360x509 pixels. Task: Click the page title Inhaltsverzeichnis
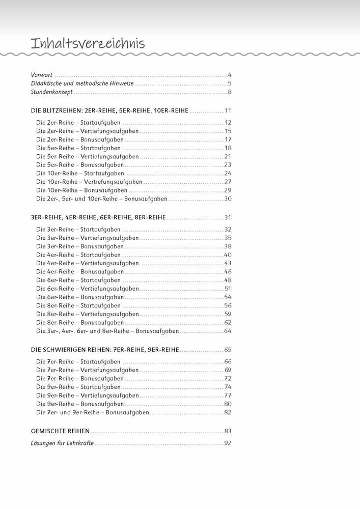(x=88, y=44)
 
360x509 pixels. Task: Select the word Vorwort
(x=42, y=75)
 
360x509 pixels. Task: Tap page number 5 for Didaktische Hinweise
(x=230, y=83)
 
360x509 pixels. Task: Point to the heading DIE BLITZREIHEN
(x=109, y=110)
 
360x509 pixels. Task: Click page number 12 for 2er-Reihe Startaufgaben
(x=228, y=123)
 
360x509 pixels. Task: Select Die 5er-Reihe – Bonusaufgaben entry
(x=80, y=165)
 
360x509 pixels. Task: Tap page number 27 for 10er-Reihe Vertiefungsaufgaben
(x=228, y=182)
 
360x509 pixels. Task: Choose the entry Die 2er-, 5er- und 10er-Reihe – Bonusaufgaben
(x=102, y=199)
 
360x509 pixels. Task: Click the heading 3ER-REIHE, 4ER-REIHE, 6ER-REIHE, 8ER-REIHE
(x=98, y=217)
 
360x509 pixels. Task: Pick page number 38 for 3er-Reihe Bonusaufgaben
(x=228, y=246)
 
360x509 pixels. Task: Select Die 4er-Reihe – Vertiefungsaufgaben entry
(x=88, y=263)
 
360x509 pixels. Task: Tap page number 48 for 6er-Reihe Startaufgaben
(x=228, y=280)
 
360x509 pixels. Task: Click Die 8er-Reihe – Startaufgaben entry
(x=78, y=305)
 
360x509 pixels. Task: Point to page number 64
(x=228, y=331)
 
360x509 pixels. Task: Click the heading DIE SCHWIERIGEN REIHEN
(x=105, y=350)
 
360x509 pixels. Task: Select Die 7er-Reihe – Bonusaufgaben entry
(x=80, y=379)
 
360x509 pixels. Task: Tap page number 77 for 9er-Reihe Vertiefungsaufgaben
(x=228, y=395)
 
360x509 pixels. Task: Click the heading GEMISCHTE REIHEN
(x=60, y=431)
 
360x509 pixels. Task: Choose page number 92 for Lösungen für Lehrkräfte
(x=228, y=443)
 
